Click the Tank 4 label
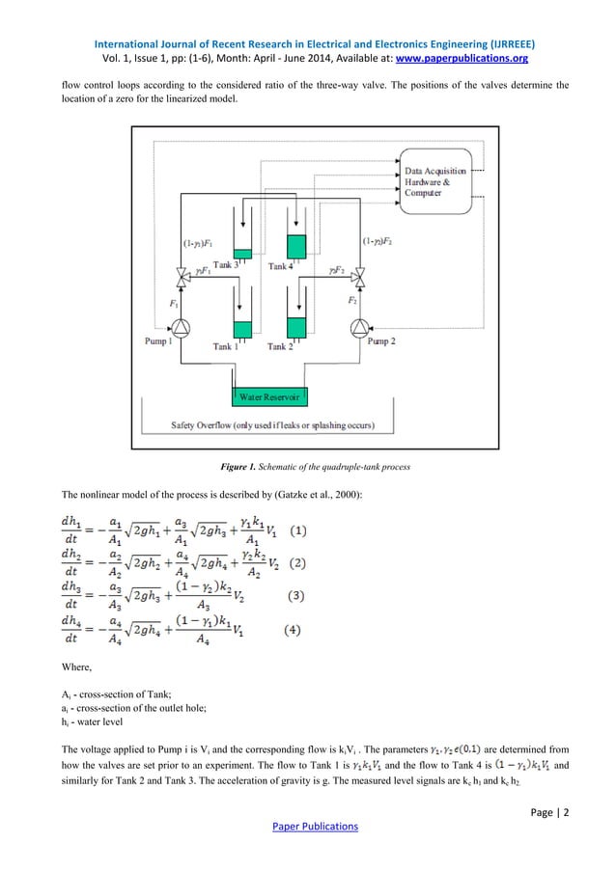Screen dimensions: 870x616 [284, 266]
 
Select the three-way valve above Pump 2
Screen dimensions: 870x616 [358, 277]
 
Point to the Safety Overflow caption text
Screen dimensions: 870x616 [274, 424]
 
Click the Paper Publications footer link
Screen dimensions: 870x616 [307, 827]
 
